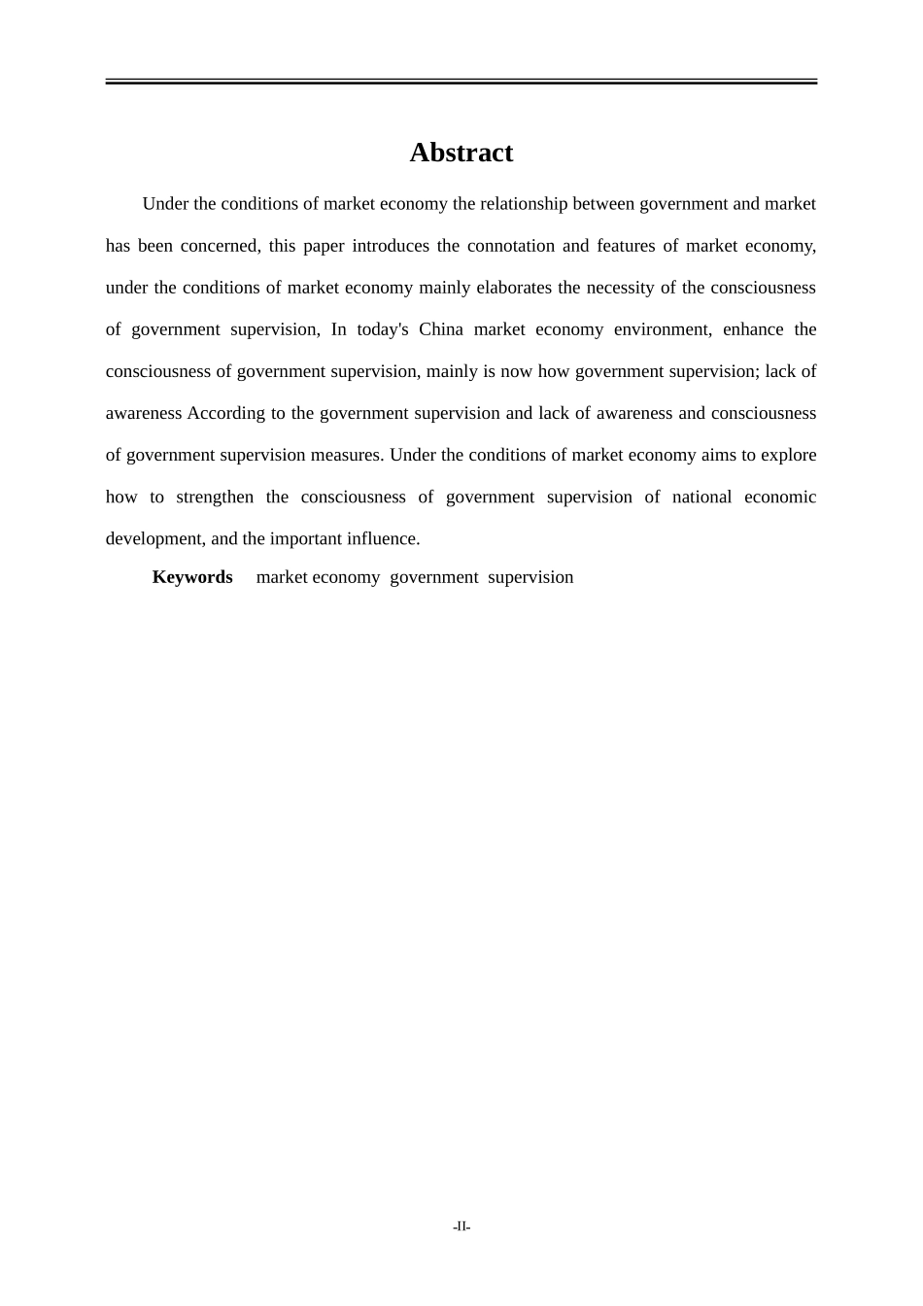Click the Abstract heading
[461, 153]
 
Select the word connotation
[509, 246]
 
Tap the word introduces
[390, 246]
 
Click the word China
[441, 329]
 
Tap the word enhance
[753, 329]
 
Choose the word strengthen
[215, 497]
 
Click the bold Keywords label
[192, 577]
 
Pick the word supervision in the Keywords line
[530, 577]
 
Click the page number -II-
[461, 1227]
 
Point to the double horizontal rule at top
[461, 82]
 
